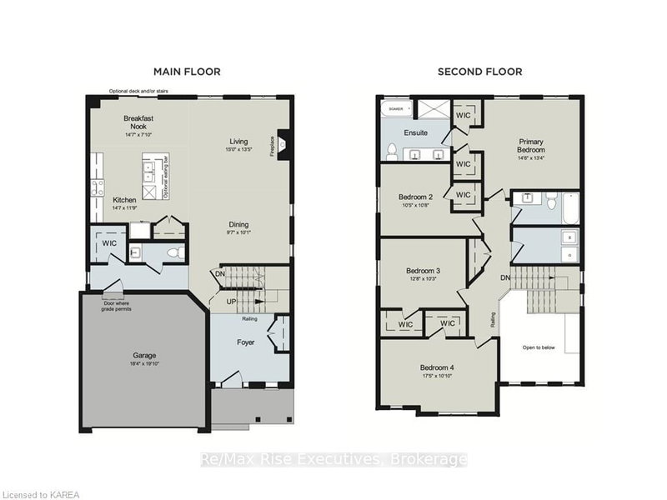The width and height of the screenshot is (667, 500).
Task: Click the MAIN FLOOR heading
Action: (187, 72)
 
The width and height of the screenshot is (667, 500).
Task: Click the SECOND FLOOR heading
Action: (480, 72)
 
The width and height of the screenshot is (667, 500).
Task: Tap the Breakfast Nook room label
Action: (138, 122)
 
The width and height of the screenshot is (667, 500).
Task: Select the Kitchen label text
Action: (125, 200)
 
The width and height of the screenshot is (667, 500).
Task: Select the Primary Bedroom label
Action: (530, 147)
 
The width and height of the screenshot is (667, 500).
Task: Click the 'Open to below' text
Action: (539, 347)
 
